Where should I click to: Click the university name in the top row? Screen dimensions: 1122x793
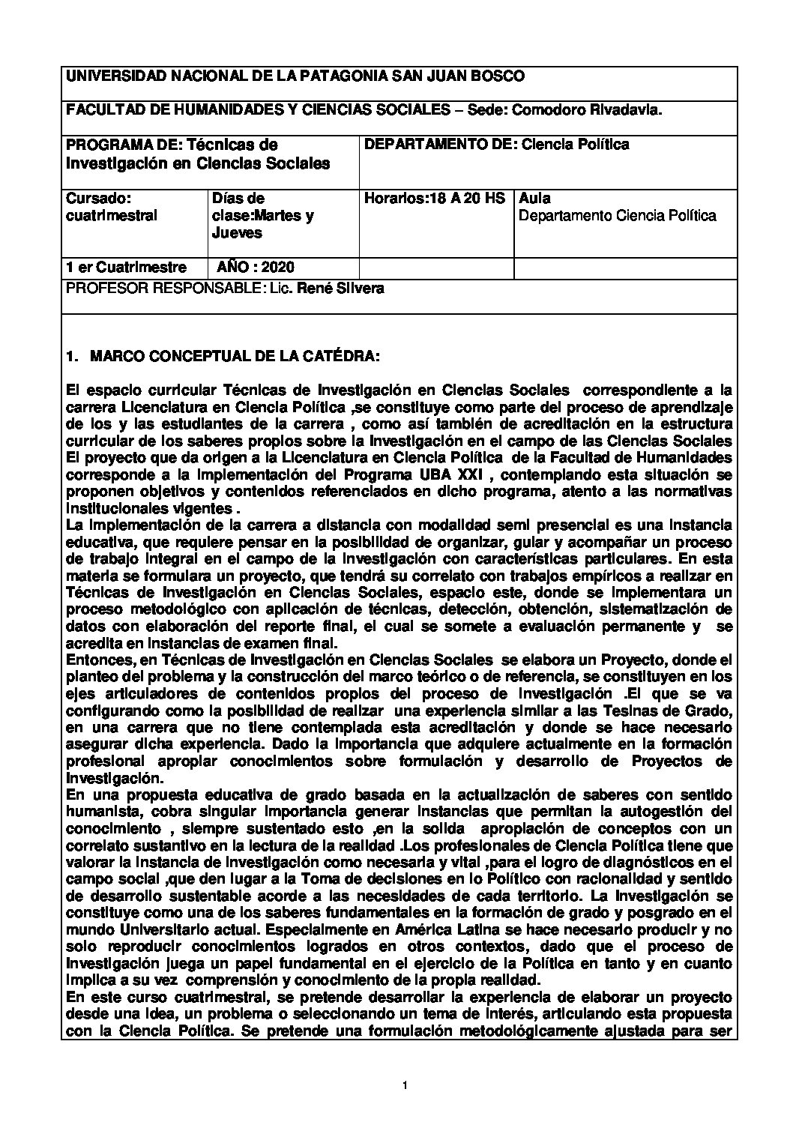(x=295, y=76)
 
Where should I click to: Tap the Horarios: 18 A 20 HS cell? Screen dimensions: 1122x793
(x=434, y=199)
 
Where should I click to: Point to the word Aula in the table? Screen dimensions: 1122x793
(x=534, y=199)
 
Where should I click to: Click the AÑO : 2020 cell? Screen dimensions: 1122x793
(x=256, y=268)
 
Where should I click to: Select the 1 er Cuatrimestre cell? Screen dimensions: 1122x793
(x=127, y=268)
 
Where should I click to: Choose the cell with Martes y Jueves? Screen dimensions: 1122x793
(x=262, y=216)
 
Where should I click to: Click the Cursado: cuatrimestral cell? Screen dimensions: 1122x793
(x=112, y=207)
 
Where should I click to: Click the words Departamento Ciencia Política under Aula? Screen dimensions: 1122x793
(x=618, y=216)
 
